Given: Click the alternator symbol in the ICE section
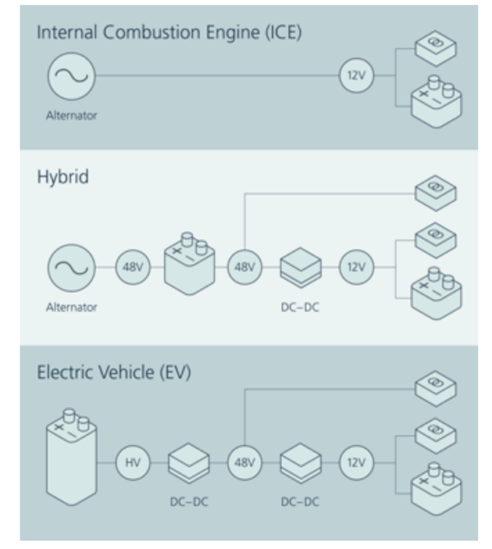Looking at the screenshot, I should click(72, 76).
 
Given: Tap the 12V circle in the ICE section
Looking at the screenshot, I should click(356, 76).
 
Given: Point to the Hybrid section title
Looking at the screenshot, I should click(62, 177).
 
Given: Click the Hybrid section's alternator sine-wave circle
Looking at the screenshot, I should click(72, 268).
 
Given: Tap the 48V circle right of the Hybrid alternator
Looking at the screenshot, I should click(133, 268).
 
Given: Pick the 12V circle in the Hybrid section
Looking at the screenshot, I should click(356, 268).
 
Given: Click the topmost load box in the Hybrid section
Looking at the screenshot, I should click(436, 192).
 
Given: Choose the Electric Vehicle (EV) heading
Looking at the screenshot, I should click(113, 373).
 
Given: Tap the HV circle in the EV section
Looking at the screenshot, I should click(133, 463).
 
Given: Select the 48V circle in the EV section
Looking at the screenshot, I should click(244, 463).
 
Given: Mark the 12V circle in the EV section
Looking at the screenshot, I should click(356, 463).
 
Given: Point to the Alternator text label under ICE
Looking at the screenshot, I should click(72, 116).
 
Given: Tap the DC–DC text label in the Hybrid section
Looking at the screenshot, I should click(300, 307).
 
